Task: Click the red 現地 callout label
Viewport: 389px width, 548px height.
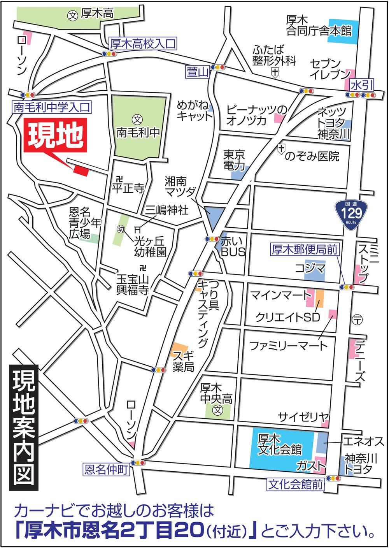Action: coord(56,135)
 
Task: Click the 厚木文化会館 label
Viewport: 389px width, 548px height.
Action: coord(280,444)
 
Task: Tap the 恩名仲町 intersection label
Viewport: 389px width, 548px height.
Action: coord(105,470)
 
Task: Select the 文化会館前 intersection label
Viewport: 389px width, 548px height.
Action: coord(296,485)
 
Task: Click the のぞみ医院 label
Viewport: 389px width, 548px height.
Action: coord(312,156)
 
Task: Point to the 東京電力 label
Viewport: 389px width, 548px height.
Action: coord(234,160)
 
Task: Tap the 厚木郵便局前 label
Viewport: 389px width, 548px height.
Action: coord(305,249)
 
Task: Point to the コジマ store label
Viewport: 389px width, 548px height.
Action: coord(310,269)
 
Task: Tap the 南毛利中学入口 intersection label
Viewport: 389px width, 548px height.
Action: coord(52,107)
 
